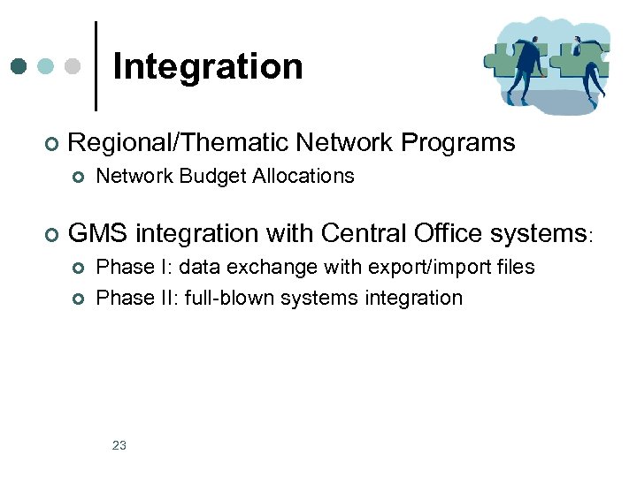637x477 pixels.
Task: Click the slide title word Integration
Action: point(208,67)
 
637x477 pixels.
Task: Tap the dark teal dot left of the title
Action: point(19,66)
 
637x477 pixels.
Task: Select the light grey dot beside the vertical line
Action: point(73,66)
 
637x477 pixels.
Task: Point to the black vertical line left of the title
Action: point(96,66)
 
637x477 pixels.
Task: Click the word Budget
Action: point(212,177)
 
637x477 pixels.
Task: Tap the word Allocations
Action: point(303,177)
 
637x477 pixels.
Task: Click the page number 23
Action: point(119,445)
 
